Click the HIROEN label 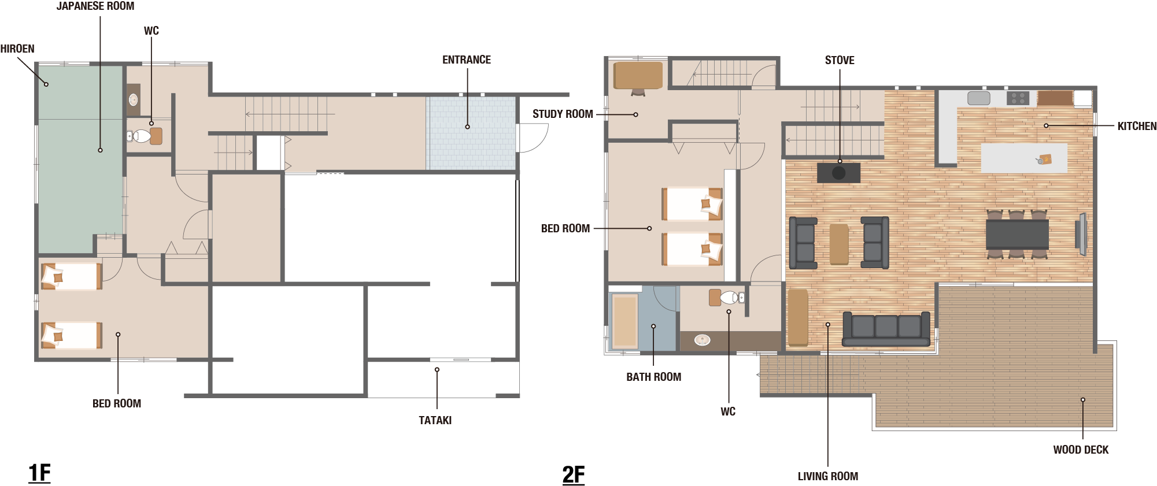[x=17, y=49]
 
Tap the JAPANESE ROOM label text [x=95, y=6]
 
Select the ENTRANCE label [x=467, y=60]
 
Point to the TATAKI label [x=435, y=421]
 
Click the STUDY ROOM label [x=563, y=114]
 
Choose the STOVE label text [x=840, y=61]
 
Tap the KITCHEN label [x=1137, y=127]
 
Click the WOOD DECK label [x=1081, y=450]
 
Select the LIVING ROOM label [x=828, y=477]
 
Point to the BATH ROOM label [x=654, y=377]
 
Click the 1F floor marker [x=40, y=473]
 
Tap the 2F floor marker [x=574, y=475]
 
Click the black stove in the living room [x=838, y=173]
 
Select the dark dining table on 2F [x=1017, y=234]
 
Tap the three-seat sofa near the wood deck [x=886, y=329]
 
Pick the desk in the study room [x=638, y=76]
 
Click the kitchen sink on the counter [x=978, y=98]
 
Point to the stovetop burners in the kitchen [x=1018, y=98]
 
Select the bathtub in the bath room [x=624, y=321]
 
